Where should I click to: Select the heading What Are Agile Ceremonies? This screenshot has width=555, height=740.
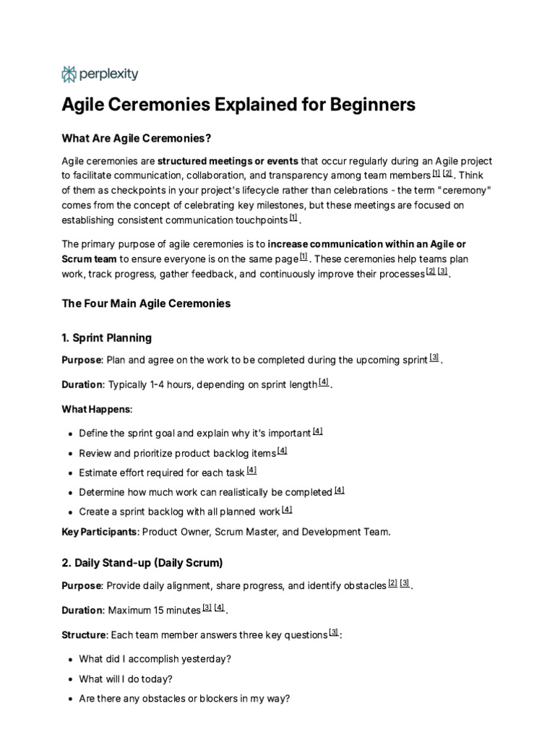coord(136,138)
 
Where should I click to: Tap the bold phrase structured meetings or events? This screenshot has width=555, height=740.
coord(228,160)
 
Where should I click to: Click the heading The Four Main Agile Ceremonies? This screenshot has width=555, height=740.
coord(146,304)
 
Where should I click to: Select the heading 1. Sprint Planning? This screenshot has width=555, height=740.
coord(107,337)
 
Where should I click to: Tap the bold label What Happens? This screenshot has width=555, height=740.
coord(96,409)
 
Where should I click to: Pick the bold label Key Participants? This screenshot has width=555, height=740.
coord(100,532)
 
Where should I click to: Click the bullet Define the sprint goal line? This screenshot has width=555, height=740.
coord(195,434)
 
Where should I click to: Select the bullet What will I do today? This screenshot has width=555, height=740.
coord(126,679)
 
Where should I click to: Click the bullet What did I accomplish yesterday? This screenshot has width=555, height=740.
coord(155,659)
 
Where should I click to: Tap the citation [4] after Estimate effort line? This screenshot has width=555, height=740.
coord(251,470)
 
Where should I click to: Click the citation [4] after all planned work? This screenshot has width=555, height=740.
coord(287,509)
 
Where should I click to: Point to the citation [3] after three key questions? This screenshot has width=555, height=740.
coord(333,633)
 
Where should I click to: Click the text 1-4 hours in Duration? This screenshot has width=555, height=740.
coord(168,384)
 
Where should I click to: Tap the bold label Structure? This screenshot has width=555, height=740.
coord(84,635)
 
